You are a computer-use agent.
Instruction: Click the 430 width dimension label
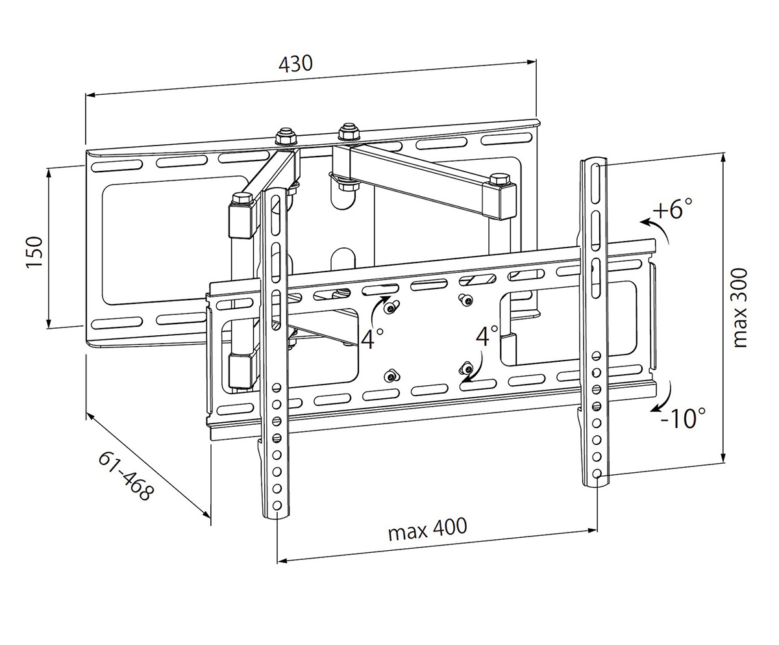pos(295,64)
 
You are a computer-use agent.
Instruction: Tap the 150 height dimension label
pos(35,253)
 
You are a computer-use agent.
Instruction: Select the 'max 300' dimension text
pos(741,308)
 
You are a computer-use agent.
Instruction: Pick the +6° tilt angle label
pos(673,210)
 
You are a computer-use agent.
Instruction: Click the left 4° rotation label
pos(372,338)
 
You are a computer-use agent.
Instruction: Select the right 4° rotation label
pos(486,336)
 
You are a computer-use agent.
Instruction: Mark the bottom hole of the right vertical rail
pos(597,473)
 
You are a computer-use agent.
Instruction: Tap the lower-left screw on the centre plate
pos(389,375)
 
